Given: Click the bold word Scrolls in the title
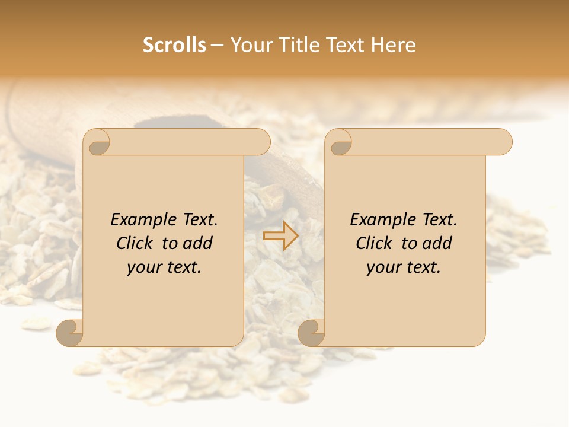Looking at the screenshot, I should (174, 45).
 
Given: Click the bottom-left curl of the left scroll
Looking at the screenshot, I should (70, 333).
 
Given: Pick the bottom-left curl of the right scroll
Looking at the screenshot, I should (312, 333).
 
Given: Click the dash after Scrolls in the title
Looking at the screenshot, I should (217, 46).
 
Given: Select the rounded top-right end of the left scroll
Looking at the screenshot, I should (261, 142).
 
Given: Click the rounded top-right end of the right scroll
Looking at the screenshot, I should (503, 142).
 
